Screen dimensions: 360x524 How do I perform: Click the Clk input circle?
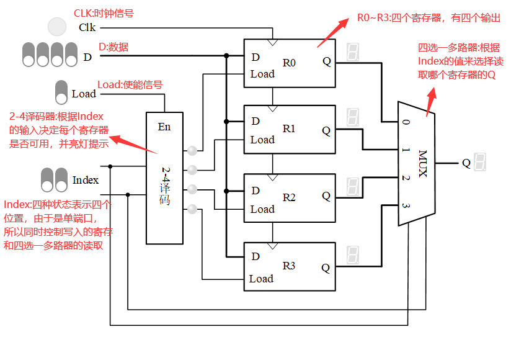coord(57,27)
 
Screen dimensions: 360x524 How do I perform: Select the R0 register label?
coord(290,63)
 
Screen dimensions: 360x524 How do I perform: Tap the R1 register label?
coord(290,129)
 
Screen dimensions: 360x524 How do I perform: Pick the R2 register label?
coord(290,198)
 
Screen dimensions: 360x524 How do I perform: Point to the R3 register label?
coord(290,266)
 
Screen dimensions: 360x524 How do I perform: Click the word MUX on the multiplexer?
coord(422,163)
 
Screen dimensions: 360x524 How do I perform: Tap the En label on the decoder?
coord(164,127)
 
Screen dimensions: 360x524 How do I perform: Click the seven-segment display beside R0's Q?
coord(353,52)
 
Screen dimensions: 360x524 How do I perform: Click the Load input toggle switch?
coord(61,92)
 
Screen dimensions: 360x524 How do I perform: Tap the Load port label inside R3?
coord(261,279)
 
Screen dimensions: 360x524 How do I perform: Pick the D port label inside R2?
coord(255,191)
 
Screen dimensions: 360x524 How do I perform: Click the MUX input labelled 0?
coord(406,122)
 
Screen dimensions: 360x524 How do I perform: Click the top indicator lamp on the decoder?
coord(192,150)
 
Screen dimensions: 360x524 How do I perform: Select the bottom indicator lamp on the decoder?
coord(192,209)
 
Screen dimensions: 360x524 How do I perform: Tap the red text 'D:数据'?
coord(113,47)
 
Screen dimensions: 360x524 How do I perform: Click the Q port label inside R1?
coord(326,130)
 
